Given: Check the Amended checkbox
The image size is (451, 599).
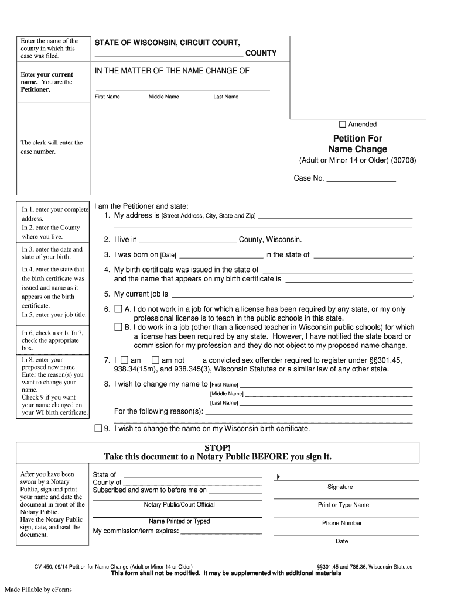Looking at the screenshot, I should pos(343,124).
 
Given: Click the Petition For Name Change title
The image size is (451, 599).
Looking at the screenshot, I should pos(357,144).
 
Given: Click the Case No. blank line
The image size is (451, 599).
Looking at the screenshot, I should pos(361,179).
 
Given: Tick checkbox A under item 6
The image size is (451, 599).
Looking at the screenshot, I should pos(118,309).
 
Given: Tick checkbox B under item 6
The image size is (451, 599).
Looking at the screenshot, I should pos(118,327).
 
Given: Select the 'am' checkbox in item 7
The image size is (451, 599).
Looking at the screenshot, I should pos(124,360).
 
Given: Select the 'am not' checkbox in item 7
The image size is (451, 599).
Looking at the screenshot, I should pos(155,360).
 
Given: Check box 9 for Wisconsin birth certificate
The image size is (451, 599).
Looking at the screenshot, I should pos(98,428).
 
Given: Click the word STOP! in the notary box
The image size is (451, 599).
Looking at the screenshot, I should pos(217,447).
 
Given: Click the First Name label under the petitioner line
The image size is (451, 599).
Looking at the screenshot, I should pos(107,97).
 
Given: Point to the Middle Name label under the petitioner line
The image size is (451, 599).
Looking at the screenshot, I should pos(163,97).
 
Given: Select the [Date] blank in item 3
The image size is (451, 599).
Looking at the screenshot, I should pos(220,255).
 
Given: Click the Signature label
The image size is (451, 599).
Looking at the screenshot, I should pos(340,487).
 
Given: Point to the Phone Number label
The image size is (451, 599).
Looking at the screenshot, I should pos(342,523).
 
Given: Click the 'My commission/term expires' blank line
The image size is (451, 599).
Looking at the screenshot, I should pos(221,532).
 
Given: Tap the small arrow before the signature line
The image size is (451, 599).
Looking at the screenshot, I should pos(278,478).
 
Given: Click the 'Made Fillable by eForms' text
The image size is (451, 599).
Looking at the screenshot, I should pos(39,589).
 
